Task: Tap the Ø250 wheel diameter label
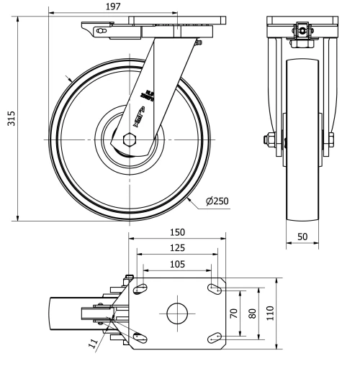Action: (x=217, y=201)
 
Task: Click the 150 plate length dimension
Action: (x=177, y=232)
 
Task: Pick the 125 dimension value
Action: (x=177, y=248)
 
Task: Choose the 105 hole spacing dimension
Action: (x=177, y=263)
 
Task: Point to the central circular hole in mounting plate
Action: (x=177, y=313)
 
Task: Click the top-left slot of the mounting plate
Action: (x=141, y=289)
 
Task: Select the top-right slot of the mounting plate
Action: (x=214, y=289)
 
